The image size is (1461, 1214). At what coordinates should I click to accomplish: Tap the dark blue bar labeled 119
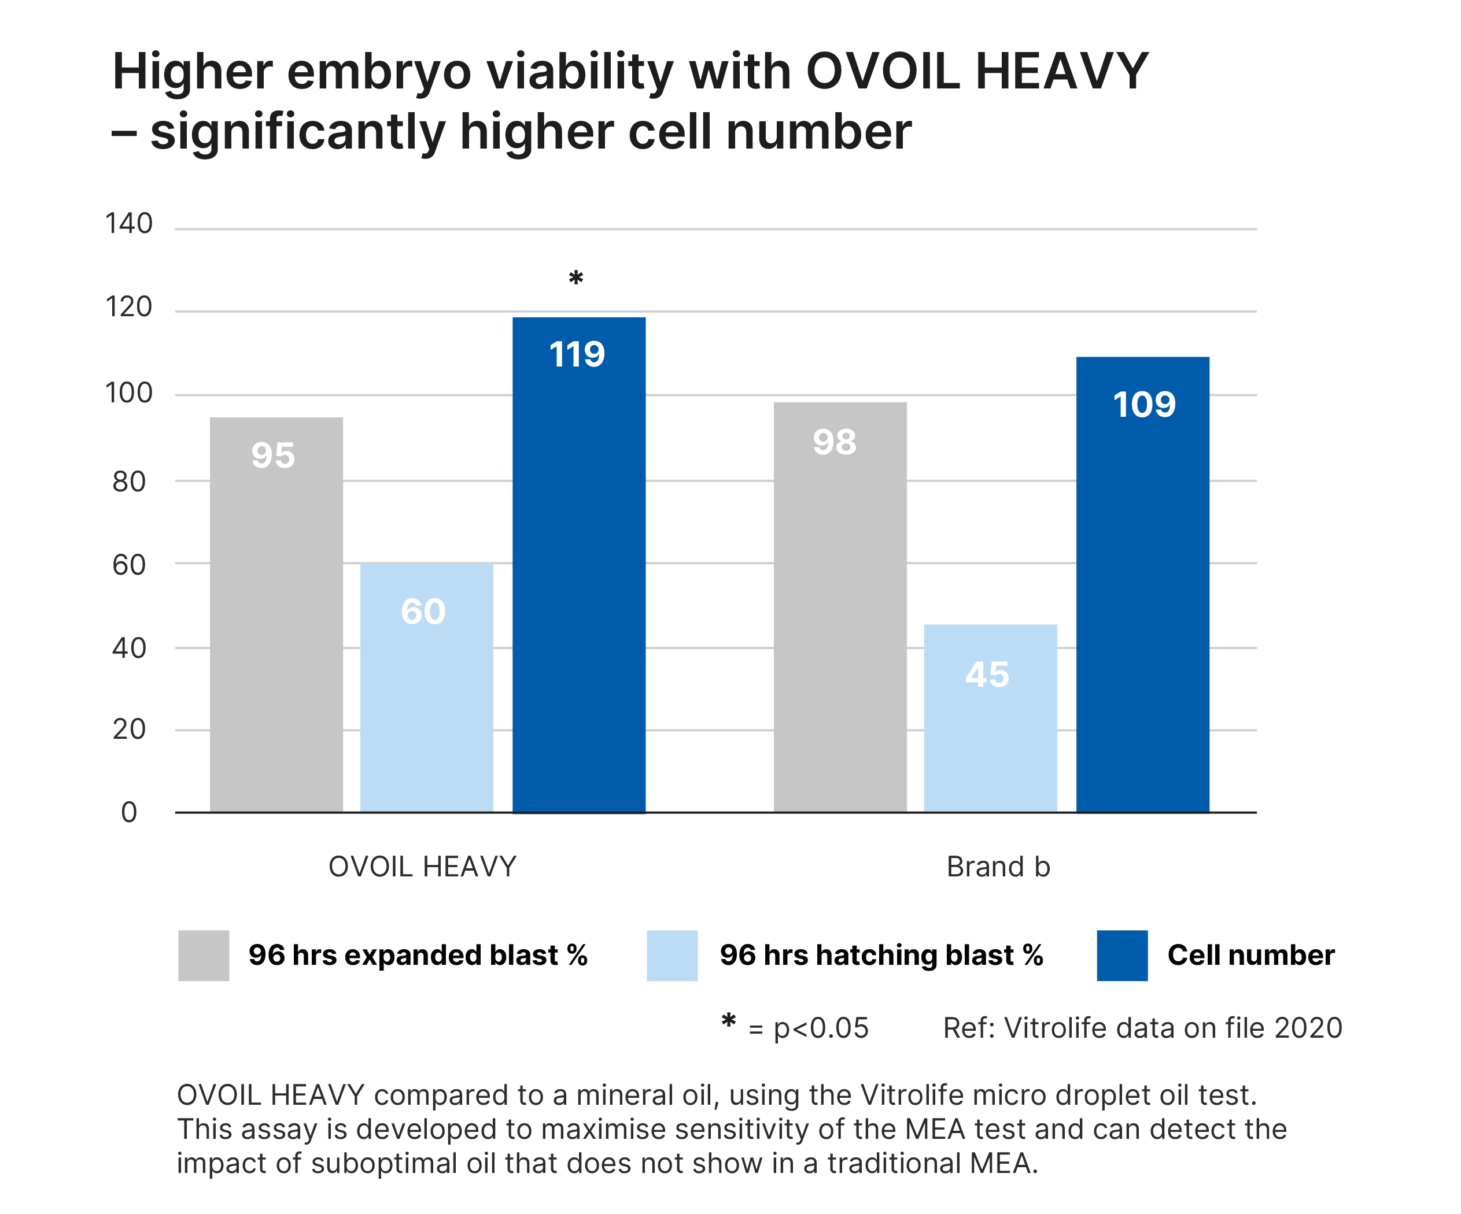tap(579, 564)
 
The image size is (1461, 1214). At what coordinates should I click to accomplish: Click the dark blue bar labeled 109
tap(1142, 584)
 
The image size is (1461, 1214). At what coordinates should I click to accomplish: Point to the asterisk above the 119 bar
tap(575, 279)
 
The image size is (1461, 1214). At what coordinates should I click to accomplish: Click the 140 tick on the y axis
tap(130, 224)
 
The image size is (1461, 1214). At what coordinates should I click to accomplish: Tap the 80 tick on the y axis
tap(130, 481)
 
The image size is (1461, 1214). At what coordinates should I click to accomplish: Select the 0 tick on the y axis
tap(130, 812)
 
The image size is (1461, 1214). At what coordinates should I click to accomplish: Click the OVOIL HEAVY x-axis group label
tap(422, 867)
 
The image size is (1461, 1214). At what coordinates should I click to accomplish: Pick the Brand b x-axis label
tap(998, 867)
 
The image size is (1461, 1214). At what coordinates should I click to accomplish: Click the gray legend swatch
tap(203, 956)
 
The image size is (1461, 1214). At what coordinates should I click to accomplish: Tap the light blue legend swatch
tap(672, 956)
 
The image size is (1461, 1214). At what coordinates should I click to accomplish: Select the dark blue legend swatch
tap(1121, 956)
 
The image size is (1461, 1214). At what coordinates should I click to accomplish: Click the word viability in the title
tap(579, 73)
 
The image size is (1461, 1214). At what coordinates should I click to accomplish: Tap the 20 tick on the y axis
tap(130, 730)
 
